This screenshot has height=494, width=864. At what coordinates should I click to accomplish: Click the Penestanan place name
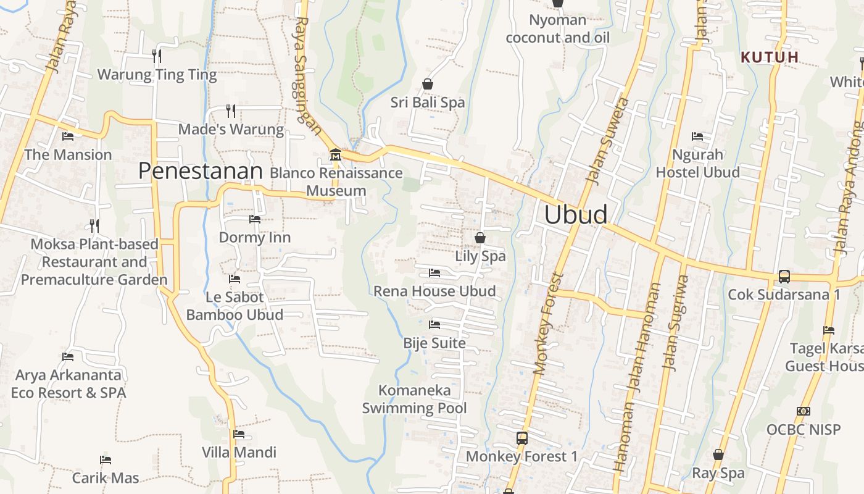point(201,171)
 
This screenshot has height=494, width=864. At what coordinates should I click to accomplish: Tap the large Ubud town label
point(576,214)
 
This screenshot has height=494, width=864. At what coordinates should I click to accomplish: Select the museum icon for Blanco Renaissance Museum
point(336,154)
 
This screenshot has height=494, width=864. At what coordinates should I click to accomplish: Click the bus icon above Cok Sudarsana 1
point(784,276)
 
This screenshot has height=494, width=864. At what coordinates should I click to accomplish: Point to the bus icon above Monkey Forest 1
point(521,438)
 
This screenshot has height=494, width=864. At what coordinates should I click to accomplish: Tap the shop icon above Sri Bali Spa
point(428,83)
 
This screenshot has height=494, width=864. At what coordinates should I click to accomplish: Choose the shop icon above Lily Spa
point(480,237)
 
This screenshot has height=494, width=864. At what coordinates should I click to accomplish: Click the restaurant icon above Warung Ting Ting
point(157,56)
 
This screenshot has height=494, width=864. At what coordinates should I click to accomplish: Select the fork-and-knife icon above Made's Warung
point(231,111)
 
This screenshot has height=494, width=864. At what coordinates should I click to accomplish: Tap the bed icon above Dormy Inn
point(254,219)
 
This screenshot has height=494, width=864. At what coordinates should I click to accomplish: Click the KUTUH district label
point(770,57)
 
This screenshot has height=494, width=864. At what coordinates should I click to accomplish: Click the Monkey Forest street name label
point(548,324)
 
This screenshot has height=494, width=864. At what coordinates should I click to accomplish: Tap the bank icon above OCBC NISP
point(803,411)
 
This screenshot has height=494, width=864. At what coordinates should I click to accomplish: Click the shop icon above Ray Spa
point(718,454)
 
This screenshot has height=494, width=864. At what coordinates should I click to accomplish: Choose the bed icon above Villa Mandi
point(239,434)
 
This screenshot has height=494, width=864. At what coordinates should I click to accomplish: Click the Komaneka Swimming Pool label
point(414,399)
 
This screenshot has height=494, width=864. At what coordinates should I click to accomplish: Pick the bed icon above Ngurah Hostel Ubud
point(697,136)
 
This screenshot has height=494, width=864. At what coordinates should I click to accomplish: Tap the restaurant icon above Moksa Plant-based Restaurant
point(94,225)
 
